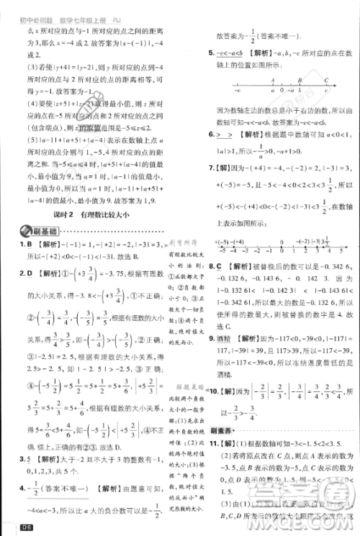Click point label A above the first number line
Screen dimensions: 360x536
[272, 81]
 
